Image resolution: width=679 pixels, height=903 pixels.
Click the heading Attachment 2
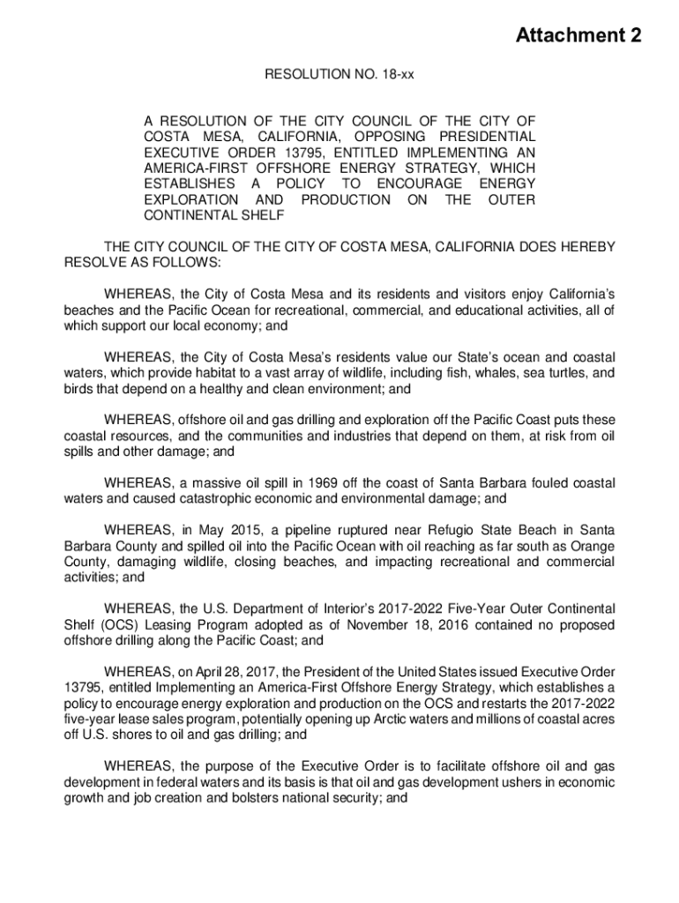578,36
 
